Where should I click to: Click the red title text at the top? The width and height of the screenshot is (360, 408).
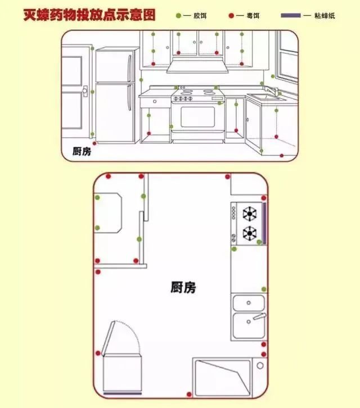(89, 15)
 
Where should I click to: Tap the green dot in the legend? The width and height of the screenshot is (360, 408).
(178, 16)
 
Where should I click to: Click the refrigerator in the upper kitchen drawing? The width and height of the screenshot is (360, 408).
(116, 96)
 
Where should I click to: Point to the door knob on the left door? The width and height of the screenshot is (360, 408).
(84, 90)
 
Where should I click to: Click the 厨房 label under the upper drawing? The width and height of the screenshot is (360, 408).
(82, 151)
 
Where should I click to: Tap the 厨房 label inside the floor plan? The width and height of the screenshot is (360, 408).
(183, 287)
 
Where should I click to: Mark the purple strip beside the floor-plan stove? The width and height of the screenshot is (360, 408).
(264, 223)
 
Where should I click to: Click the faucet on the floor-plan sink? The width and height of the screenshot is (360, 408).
(258, 318)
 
